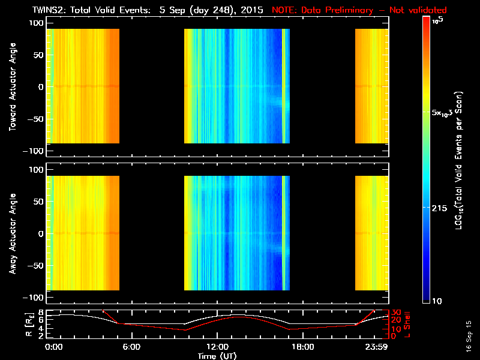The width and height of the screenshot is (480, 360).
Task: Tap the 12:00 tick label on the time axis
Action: (x=217, y=347)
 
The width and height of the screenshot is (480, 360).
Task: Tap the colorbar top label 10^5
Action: (x=438, y=20)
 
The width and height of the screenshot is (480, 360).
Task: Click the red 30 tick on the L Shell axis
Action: (x=396, y=313)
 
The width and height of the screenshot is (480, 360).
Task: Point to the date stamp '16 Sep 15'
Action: (x=469, y=335)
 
